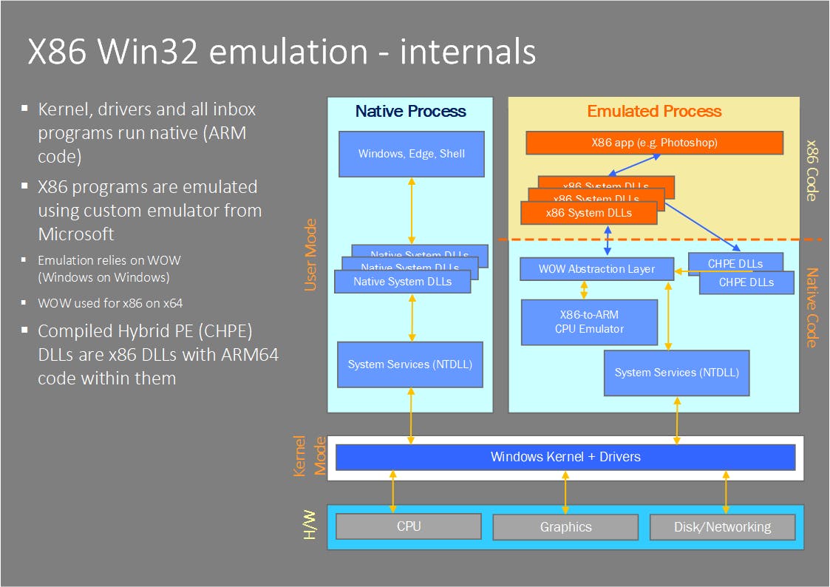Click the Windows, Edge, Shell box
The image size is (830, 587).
pos(412,154)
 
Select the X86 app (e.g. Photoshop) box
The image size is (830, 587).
pos(654,143)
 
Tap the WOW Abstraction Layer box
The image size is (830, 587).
pos(596,269)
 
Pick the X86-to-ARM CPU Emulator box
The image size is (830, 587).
pos(589,322)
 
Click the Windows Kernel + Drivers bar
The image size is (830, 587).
pos(565,457)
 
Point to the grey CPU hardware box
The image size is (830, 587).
pos(408,526)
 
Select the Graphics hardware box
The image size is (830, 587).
pos(565,527)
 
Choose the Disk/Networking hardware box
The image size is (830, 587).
pos(722,527)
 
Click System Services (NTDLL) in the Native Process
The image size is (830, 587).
pos(410,364)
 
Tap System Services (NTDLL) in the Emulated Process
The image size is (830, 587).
pos(676,373)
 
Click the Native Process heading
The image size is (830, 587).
pos(410,112)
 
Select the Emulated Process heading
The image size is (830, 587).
pos(654,112)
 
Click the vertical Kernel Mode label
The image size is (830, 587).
pos(310,456)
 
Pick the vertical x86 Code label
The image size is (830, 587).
pos(811,170)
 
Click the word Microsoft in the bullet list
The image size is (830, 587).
pos(76,234)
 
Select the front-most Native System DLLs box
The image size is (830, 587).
pos(402,282)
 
